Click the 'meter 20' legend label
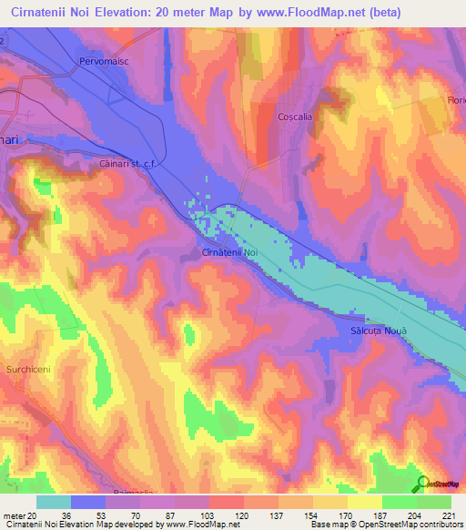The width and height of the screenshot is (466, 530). point(21,515)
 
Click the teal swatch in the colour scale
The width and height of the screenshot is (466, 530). point(54,502)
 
